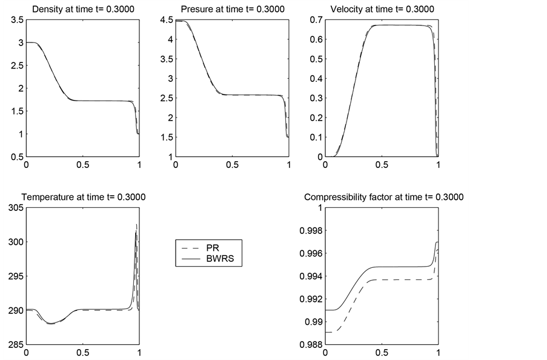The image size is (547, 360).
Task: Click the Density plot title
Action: (x=82, y=10)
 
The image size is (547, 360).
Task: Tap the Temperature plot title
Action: (x=83, y=197)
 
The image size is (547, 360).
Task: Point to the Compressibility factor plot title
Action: (x=383, y=197)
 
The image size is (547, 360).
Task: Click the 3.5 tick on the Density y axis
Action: (x=17, y=20)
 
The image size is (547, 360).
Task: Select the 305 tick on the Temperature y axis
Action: (x=13, y=208)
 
